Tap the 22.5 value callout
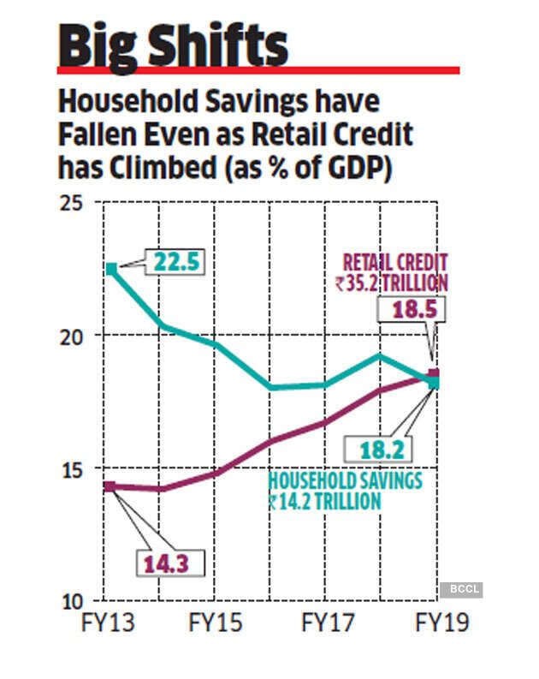[x=176, y=262]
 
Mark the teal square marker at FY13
[x=110, y=269]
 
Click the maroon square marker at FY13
[x=109, y=486]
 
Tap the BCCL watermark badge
[x=462, y=589]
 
